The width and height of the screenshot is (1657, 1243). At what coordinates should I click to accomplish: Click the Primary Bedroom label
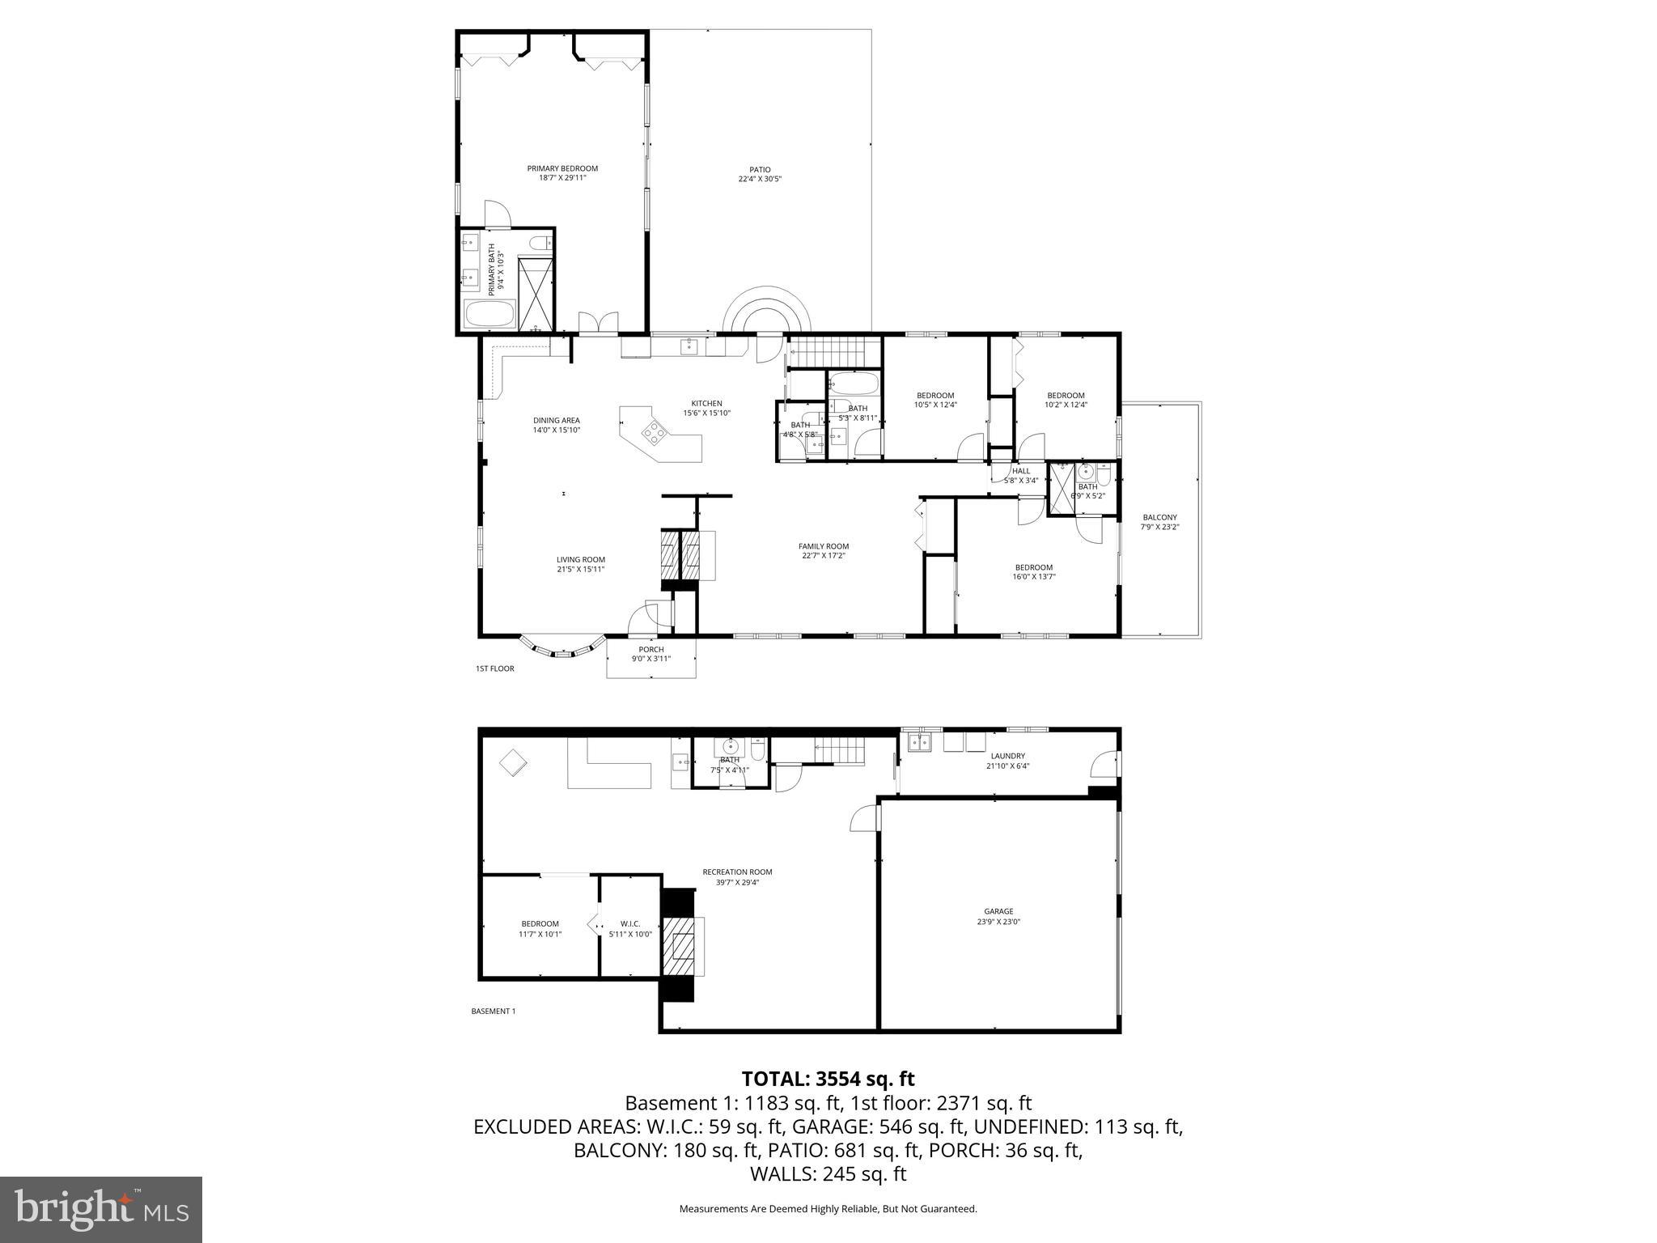[562, 168]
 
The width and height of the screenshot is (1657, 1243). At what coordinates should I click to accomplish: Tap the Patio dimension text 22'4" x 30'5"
[759, 180]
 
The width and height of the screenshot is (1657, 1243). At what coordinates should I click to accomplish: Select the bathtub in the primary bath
[489, 314]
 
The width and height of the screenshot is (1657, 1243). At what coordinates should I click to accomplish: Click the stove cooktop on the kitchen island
[655, 434]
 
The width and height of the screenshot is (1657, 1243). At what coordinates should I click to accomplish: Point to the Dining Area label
[556, 420]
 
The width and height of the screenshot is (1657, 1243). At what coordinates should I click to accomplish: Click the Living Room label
[580, 559]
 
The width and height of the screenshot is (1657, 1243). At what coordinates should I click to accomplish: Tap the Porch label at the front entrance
[651, 649]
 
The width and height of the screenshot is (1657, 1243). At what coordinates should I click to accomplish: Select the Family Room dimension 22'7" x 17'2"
[823, 556]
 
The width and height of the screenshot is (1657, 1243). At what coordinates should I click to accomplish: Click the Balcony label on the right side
[1159, 517]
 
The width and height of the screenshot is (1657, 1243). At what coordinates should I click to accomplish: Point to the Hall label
[1021, 470]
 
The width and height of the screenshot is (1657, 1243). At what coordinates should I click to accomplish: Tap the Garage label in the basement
[998, 911]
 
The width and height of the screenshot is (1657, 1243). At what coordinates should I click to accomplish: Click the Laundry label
[1007, 756]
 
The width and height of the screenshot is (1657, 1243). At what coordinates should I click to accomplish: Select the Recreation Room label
[737, 872]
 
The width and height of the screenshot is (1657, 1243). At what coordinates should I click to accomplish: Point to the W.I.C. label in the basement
[629, 923]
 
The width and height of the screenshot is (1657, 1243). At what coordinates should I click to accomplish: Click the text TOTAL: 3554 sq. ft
[828, 1079]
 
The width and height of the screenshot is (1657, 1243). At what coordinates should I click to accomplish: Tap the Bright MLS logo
[101, 1210]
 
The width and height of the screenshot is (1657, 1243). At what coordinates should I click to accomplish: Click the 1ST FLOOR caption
[494, 668]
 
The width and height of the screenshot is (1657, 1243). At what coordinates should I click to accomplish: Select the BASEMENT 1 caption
[493, 1011]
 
